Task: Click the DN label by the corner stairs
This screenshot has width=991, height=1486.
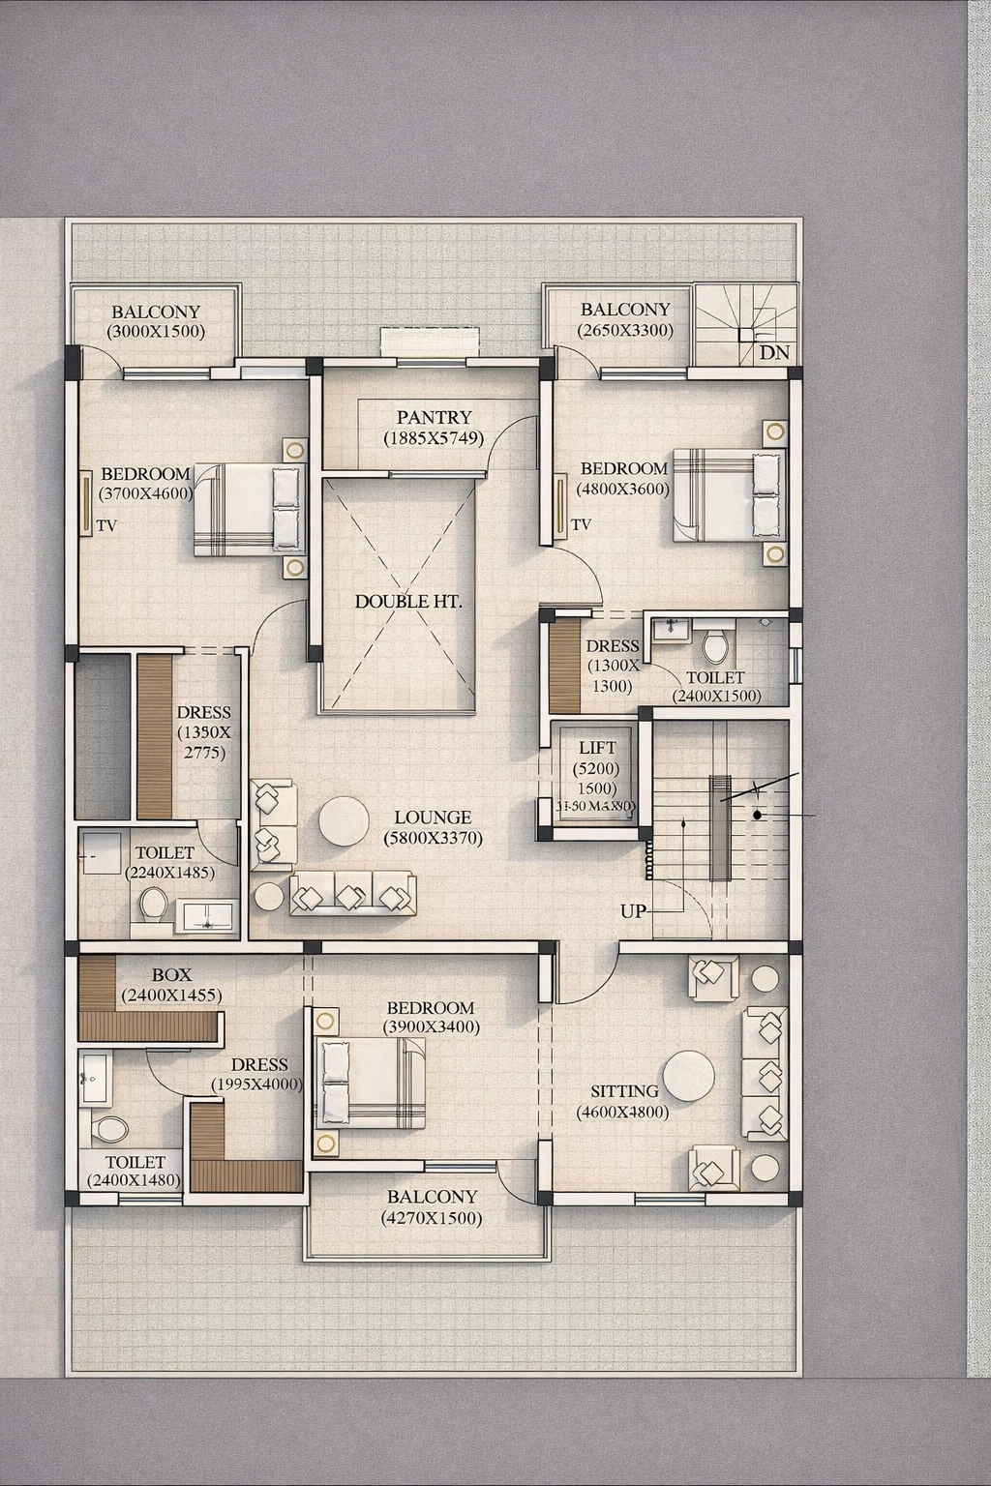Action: coord(774,353)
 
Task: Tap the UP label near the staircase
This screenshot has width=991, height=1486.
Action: coord(633,911)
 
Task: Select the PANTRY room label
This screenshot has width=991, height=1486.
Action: coord(434,417)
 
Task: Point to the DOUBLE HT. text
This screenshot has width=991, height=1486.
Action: coord(407,601)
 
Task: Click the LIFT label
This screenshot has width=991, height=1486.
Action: coord(597,748)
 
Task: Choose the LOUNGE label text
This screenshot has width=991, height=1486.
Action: coord(433,817)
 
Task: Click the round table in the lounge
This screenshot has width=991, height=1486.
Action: coord(344,821)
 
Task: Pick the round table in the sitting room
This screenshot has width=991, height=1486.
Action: coord(689,1076)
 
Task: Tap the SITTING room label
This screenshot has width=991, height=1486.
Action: coord(624,1091)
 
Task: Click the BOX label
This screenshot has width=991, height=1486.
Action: coord(171,975)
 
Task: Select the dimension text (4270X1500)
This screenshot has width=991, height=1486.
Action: coord(432,1218)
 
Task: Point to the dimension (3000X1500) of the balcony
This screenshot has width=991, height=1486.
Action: coord(155,331)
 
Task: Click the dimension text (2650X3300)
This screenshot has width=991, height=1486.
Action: coord(624,330)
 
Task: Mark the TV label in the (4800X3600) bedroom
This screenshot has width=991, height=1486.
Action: coord(581,525)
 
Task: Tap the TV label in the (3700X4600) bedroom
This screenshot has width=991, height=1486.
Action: coord(106,526)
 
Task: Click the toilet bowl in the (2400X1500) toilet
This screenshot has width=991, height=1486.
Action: coord(715,645)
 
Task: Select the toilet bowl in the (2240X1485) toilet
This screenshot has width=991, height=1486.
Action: coord(153,906)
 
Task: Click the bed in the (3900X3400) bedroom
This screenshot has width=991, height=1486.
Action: coord(371,1083)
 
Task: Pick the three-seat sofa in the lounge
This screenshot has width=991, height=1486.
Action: coord(352,894)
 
